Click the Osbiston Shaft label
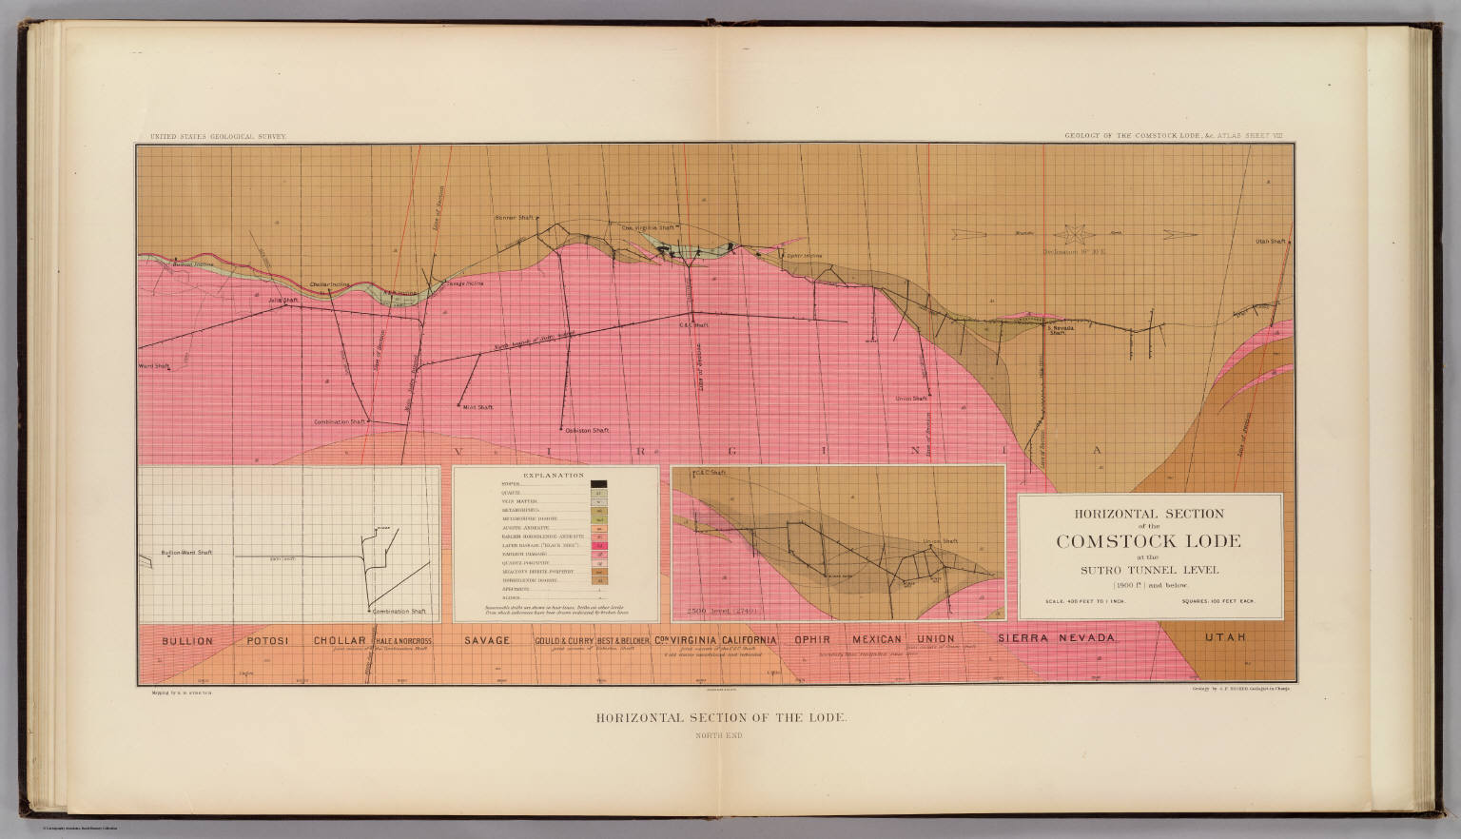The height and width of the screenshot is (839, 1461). (587, 431)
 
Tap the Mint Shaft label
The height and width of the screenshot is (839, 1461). (477, 407)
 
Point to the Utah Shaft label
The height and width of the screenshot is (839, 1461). (1269, 242)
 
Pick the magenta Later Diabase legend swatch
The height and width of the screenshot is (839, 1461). (599, 546)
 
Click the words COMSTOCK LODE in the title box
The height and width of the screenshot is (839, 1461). (1148, 541)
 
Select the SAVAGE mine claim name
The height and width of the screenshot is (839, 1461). (487, 641)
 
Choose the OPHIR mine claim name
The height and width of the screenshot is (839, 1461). (814, 640)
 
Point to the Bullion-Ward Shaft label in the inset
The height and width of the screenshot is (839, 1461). (186, 553)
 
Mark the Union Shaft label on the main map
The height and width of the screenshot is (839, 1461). (911, 399)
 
